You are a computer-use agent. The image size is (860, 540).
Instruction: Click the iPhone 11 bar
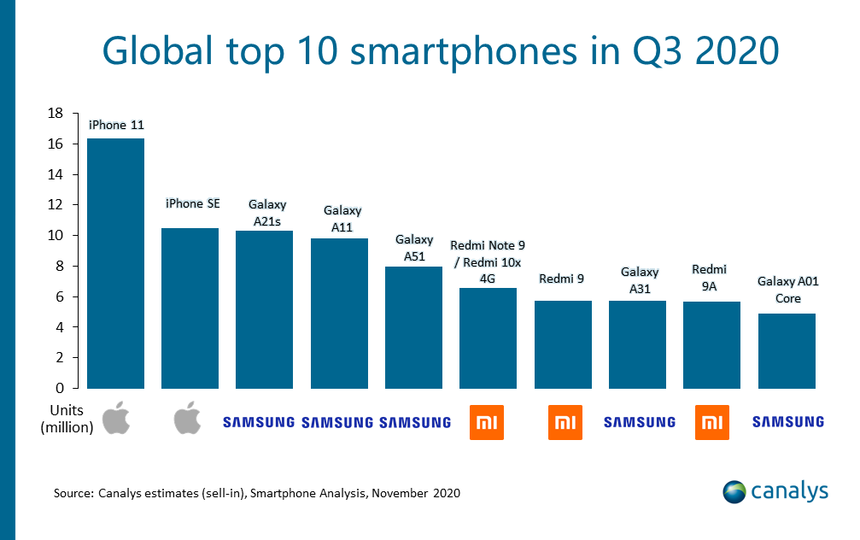[115, 262]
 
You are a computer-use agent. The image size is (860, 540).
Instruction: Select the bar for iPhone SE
[190, 308]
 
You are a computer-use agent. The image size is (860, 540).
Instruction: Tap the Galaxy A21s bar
[264, 308]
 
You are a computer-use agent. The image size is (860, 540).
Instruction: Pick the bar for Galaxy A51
[413, 326]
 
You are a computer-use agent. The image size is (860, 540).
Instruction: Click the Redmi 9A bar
[711, 344]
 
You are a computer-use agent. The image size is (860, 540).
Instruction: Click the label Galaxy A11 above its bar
[342, 217]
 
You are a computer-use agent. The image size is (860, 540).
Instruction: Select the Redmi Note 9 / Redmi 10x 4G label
[488, 261]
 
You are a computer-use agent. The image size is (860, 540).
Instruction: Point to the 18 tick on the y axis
[56, 114]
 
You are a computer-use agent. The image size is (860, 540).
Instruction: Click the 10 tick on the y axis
[56, 236]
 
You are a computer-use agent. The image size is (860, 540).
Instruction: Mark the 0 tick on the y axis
[61, 388]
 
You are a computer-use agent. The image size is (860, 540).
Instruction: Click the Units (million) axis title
[67, 419]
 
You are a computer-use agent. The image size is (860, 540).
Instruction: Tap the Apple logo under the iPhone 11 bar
[115, 420]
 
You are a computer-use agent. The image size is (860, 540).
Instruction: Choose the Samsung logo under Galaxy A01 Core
[787, 421]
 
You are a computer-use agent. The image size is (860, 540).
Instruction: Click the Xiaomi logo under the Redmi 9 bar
[565, 422]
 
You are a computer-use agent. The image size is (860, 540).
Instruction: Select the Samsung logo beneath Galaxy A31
[640, 421]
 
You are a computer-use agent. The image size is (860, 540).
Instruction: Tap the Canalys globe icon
[734, 491]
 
